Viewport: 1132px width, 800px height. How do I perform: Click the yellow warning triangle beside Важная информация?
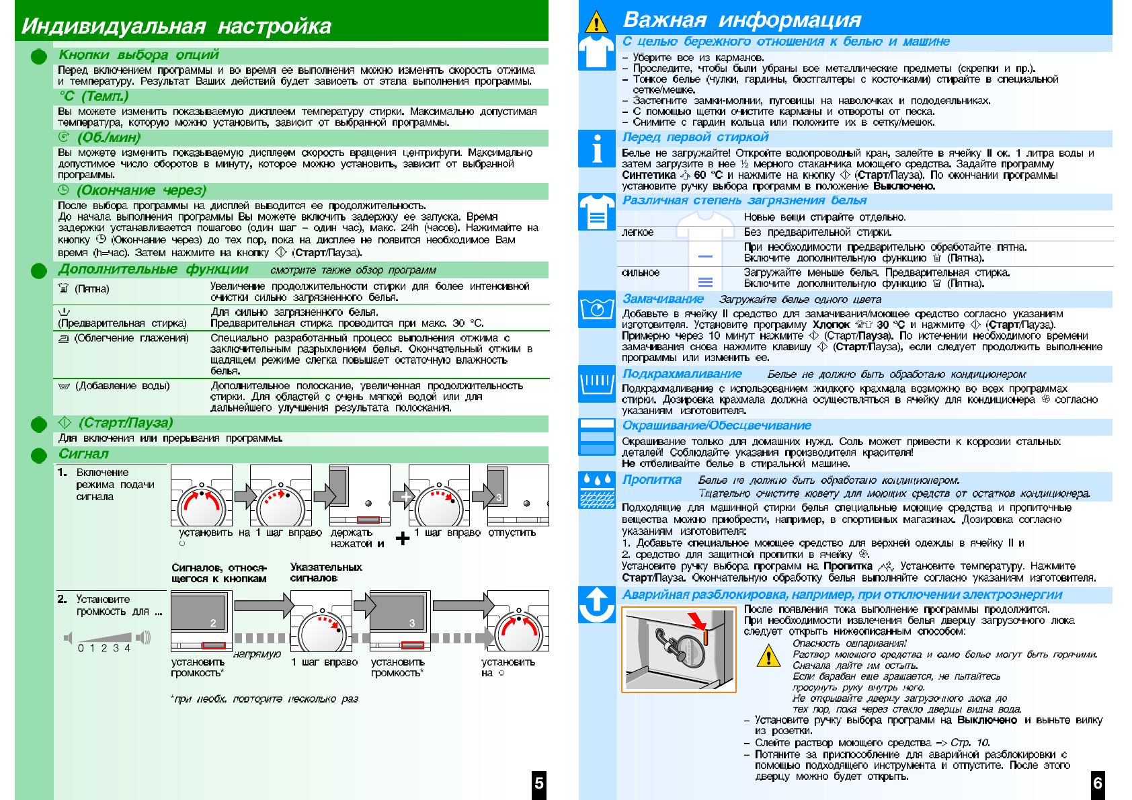[596, 22]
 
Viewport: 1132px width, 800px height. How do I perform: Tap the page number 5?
[538, 783]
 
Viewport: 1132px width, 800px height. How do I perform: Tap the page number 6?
[1098, 783]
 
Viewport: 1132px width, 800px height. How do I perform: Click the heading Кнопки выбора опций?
[138, 55]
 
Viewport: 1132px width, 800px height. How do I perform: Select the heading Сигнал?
[83, 454]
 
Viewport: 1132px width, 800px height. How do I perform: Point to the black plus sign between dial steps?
[403, 538]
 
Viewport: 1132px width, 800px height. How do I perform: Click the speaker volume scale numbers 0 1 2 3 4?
[104, 648]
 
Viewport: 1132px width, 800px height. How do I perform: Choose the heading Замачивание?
[663, 299]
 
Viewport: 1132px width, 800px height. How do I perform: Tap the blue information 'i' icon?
[596, 149]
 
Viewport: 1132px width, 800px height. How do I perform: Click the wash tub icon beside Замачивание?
[596, 309]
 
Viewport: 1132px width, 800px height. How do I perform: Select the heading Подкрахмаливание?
[682, 374]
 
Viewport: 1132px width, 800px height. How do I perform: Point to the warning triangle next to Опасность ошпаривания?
[768, 655]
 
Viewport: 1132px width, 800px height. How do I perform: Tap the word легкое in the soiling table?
[638, 233]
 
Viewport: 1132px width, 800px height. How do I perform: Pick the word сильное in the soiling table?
[641, 273]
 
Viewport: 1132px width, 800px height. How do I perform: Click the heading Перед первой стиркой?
[695, 137]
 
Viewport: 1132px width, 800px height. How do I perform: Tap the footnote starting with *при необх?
[264, 699]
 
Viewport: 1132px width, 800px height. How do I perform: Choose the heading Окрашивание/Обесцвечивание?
[717, 426]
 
